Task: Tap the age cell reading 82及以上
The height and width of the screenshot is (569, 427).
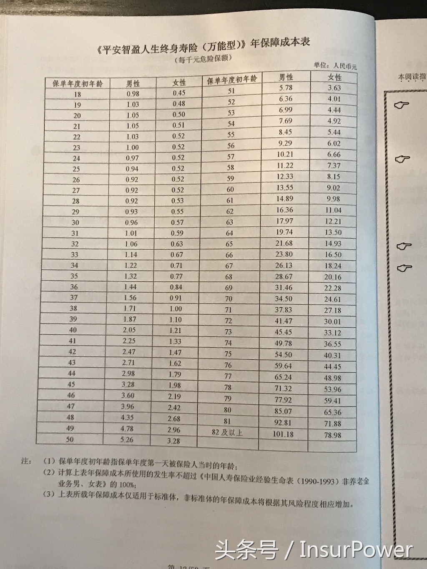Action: (227, 433)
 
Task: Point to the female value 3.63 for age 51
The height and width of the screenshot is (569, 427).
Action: (334, 88)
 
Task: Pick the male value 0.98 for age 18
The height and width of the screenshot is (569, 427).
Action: (133, 94)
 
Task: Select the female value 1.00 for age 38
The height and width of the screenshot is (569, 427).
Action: (176, 309)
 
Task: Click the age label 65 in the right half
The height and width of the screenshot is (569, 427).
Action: (229, 244)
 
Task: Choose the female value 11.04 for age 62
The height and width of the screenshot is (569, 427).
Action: (333, 210)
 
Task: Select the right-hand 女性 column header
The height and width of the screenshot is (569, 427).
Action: (334, 77)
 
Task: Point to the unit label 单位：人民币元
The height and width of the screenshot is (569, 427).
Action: (335, 66)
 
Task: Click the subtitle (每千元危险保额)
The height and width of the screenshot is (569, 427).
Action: (203, 59)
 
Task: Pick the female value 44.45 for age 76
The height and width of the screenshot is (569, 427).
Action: (332, 367)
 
